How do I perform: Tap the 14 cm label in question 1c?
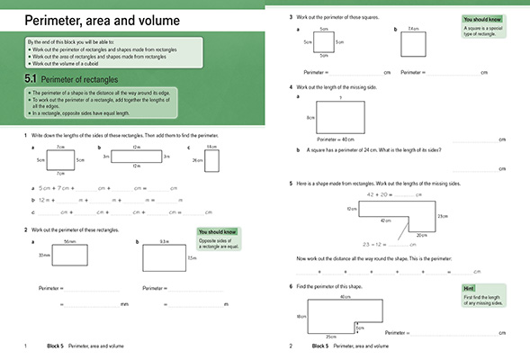click(211, 147)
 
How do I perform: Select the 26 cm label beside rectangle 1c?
click(197, 160)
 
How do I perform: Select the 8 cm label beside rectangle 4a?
click(310, 118)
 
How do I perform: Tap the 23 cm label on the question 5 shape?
click(442, 215)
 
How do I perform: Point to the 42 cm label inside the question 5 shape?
click(386, 220)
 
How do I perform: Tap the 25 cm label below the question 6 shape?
click(330, 337)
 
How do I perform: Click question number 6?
click(291, 285)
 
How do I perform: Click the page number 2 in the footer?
click(291, 346)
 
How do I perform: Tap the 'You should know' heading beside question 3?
click(482, 19)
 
